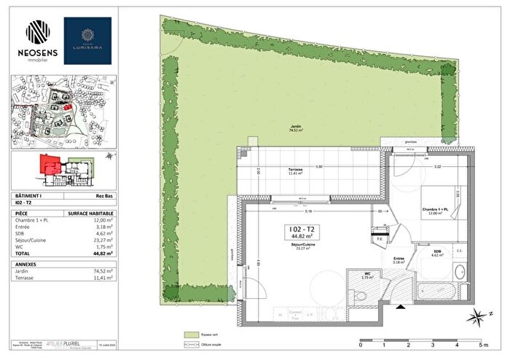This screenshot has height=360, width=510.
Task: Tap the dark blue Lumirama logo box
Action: pyautogui.click(x=87, y=42)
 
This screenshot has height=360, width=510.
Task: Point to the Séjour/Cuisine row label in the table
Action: pyautogui.click(x=32, y=239)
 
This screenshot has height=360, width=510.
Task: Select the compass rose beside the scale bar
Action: pyautogui.click(x=477, y=317)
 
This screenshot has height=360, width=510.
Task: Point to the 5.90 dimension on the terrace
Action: pyautogui.click(x=318, y=167)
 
